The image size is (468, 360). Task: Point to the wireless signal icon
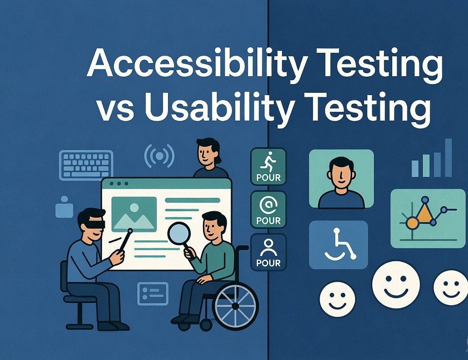159,156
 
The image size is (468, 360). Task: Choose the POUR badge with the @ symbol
269,209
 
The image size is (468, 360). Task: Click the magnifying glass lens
179,233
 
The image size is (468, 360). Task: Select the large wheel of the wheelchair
235,305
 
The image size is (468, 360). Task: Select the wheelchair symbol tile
338,245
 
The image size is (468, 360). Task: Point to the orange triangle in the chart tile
424,214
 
